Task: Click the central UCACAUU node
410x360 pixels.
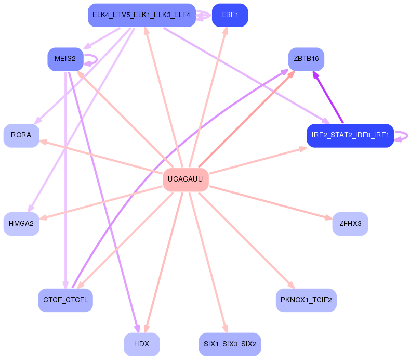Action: pos(186,179)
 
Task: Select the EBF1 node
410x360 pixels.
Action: pos(230,15)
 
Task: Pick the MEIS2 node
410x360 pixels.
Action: pos(65,59)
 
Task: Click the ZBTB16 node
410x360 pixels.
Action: pos(306,59)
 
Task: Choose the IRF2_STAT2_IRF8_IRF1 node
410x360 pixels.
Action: pos(350,135)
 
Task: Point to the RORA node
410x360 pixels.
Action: pos(21,135)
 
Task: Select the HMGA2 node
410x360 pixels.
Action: pos(21,224)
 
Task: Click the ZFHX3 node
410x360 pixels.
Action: pos(350,224)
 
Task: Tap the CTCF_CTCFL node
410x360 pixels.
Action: pos(65,300)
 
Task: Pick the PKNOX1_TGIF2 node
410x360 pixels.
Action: pos(306,300)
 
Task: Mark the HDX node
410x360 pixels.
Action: pos(141,344)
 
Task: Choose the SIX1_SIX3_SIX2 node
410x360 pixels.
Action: pos(230,344)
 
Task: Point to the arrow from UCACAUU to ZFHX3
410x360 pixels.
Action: pos(270,202)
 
